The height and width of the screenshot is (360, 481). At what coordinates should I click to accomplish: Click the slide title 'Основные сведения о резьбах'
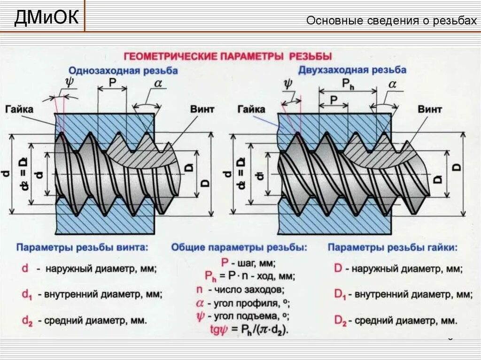click(391, 21)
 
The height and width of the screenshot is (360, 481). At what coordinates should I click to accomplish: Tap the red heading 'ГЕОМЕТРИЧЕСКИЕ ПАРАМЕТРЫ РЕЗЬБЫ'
click(228, 56)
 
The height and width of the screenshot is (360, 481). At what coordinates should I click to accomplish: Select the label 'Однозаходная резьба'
click(123, 71)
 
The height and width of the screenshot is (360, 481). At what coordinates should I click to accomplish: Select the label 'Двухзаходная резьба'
click(352, 70)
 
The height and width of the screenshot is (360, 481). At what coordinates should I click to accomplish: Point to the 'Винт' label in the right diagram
click(429, 109)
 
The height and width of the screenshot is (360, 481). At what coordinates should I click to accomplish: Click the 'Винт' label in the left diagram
click(202, 109)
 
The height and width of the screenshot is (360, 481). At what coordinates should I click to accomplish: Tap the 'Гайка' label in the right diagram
click(251, 109)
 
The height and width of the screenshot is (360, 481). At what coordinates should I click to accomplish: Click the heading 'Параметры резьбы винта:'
click(82, 247)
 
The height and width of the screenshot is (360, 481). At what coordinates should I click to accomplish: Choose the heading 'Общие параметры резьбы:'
click(239, 247)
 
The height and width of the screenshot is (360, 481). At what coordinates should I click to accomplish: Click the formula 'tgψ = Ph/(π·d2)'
click(249, 329)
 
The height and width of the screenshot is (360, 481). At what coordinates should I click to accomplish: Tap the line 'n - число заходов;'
click(240, 290)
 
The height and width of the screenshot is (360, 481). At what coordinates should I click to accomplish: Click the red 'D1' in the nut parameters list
click(340, 295)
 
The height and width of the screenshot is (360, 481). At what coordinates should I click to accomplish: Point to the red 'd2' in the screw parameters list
click(27, 321)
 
